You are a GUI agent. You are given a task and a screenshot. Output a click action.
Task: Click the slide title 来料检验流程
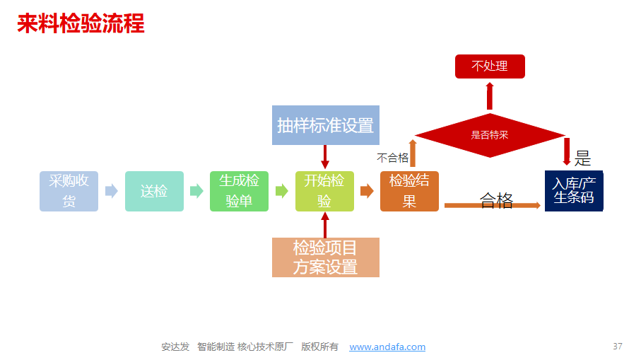81,23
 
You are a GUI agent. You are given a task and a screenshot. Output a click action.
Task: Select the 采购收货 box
69,191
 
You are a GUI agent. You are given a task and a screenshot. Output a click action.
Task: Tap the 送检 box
154,191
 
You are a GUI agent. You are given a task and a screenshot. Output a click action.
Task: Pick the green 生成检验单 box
239,191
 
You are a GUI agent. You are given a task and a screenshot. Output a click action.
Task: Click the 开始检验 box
324,191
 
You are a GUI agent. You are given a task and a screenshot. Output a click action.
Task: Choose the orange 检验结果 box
409,191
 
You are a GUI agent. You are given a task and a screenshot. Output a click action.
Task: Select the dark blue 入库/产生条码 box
574,191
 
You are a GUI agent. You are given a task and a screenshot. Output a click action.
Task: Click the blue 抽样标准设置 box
326,125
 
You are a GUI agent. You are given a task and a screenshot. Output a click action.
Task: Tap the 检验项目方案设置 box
326,257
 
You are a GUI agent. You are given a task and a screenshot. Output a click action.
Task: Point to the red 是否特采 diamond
490,135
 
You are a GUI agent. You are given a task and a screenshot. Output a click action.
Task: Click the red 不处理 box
490,66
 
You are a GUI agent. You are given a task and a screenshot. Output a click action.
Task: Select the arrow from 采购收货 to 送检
112,191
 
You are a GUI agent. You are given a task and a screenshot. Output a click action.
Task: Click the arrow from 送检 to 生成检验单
196,191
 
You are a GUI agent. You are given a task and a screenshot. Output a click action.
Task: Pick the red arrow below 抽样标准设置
325,157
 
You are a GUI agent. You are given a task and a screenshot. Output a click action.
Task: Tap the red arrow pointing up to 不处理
490,96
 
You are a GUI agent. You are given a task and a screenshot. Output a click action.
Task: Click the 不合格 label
392,158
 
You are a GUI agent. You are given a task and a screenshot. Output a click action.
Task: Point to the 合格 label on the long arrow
496,200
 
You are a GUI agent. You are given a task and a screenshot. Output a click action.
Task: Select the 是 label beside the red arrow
582,158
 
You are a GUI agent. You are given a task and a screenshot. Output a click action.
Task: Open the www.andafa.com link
387,347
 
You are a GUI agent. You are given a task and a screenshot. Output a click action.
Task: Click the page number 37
617,347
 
